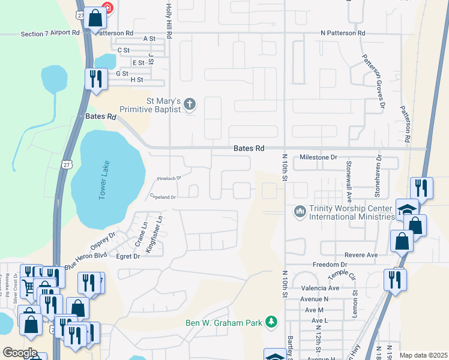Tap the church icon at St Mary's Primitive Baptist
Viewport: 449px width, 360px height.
tap(190, 105)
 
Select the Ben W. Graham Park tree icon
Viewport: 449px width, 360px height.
tap(272, 323)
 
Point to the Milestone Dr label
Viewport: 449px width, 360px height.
tap(318, 157)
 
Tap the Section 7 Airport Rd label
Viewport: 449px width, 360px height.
tap(50, 33)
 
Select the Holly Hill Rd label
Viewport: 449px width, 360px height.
tap(169, 20)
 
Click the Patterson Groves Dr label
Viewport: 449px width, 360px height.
tap(373, 81)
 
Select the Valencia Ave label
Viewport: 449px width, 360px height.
tap(325, 288)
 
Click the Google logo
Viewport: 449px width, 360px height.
tap(20, 353)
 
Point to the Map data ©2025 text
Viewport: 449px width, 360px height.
tap(423, 355)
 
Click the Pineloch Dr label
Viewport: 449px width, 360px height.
tap(169, 178)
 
